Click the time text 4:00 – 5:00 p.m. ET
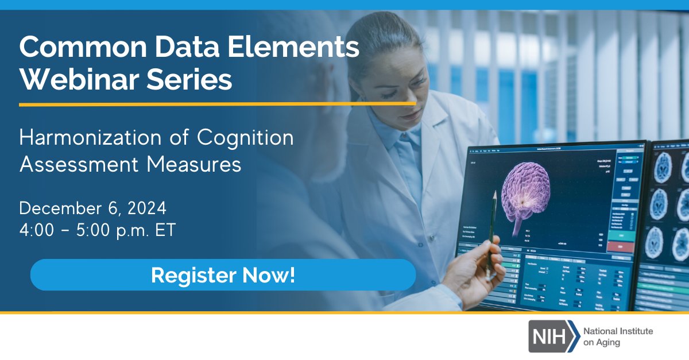pyautogui.click(x=97, y=230)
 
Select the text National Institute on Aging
pyautogui.click(x=618, y=336)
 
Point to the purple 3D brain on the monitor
pyautogui.click(x=525, y=192)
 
